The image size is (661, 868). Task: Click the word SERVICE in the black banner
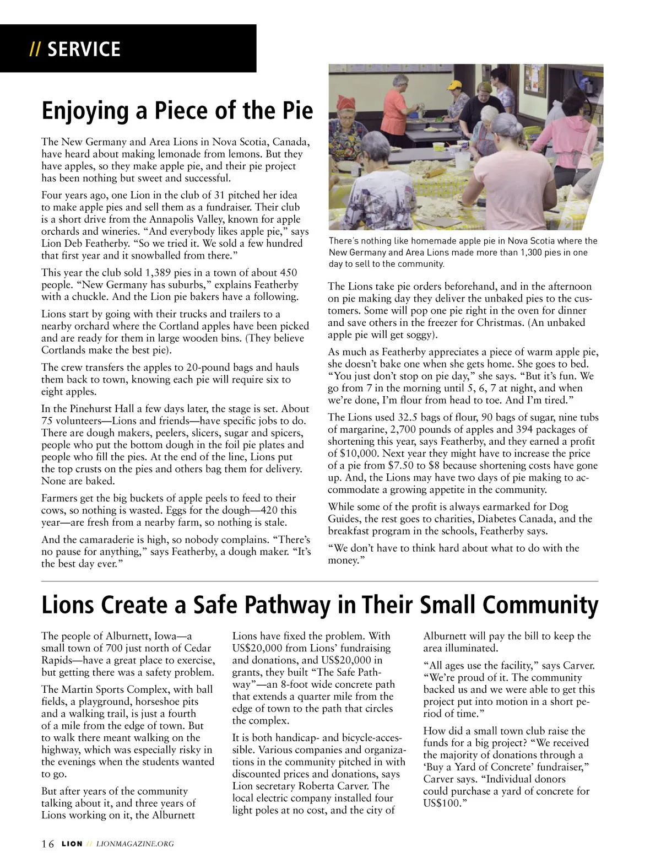click(x=84, y=49)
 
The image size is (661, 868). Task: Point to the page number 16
click(x=48, y=844)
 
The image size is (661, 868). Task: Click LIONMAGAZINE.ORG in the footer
click(x=135, y=844)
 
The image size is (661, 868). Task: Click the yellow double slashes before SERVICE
click(x=35, y=49)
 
